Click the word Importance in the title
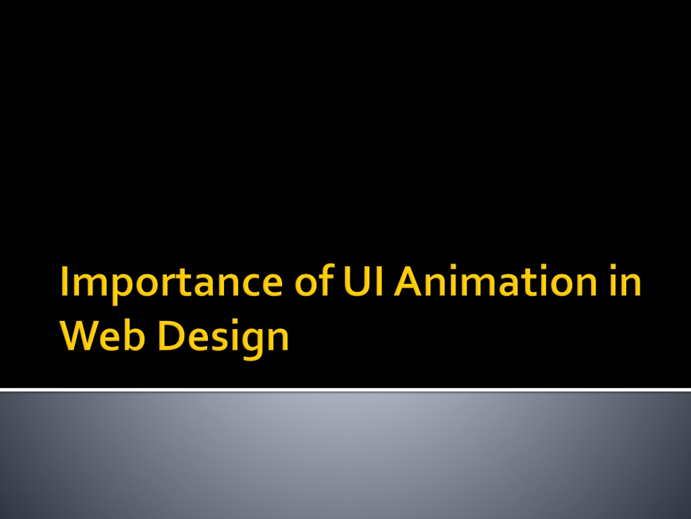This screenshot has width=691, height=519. tap(171, 283)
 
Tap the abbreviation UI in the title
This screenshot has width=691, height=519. tap(363, 280)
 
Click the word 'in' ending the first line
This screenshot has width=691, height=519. tap(626, 280)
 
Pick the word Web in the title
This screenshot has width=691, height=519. tap(103, 335)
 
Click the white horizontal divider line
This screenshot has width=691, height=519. tap(345, 390)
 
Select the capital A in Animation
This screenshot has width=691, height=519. tap(410, 280)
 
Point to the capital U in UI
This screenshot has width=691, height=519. tap(356, 281)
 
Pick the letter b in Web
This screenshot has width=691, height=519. tap(134, 335)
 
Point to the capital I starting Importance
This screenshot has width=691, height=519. tap(64, 280)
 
